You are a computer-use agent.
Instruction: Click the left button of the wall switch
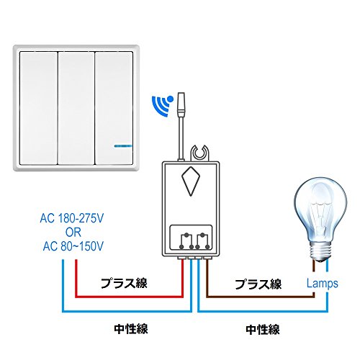[x=39, y=108]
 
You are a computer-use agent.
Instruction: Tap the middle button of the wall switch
[x=76, y=108]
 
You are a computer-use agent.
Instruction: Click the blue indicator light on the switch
[x=122, y=145]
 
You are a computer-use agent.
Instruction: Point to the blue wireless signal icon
[x=162, y=106]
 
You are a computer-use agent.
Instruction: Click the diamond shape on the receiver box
[x=191, y=181]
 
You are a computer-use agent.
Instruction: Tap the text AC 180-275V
[x=72, y=218]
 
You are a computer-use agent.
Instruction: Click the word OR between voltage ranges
[x=73, y=233]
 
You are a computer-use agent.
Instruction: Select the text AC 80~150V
[x=73, y=246]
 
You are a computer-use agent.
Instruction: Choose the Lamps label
[x=323, y=284]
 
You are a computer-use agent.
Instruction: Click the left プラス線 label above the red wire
[x=124, y=283]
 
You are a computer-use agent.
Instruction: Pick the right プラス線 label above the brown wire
[x=258, y=284]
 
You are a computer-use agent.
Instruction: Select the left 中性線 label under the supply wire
[x=131, y=328]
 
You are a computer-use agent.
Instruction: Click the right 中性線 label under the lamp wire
[x=263, y=329]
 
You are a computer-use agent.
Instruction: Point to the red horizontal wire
[x=130, y=297]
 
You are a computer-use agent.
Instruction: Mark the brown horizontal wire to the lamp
[x=261, y=297]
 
